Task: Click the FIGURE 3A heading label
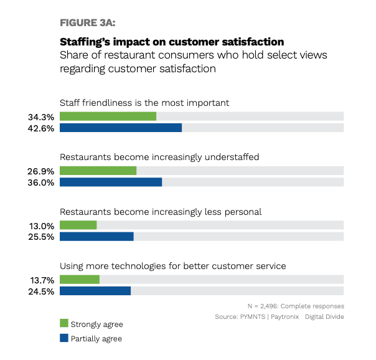(88, 22)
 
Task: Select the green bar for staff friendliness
(108, 116)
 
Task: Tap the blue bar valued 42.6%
(121, 128)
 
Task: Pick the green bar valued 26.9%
(98, 171)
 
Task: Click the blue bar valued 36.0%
(111, 182)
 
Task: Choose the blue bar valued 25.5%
(96, 237)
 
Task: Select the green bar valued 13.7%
(79, 280)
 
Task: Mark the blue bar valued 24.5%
(95, 291)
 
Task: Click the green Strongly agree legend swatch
(63, 323)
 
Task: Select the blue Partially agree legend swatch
(63, 338)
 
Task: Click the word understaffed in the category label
(230, 157)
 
